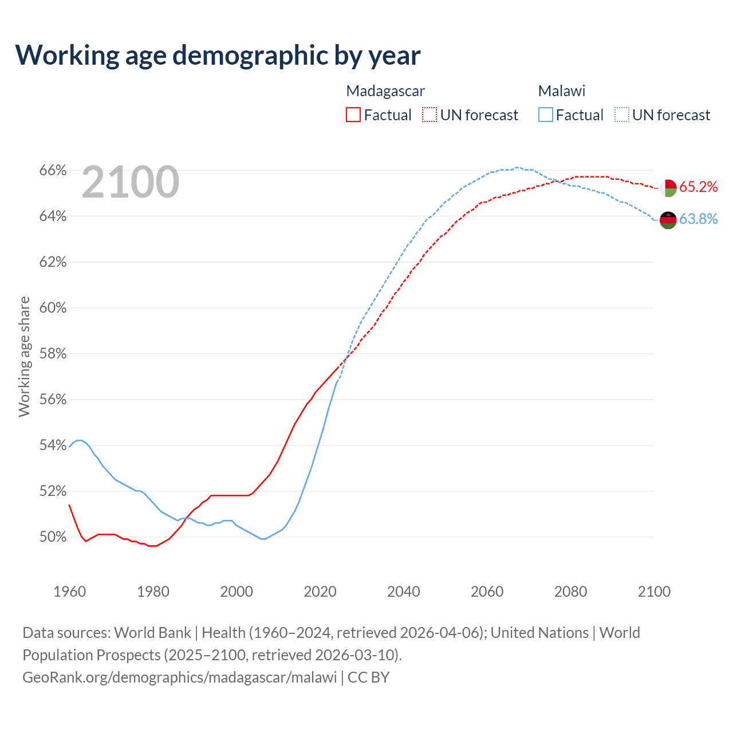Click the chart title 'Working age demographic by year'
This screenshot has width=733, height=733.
point(218,55)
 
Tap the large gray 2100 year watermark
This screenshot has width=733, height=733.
point(131,182)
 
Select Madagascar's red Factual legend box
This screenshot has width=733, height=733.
point(353,115)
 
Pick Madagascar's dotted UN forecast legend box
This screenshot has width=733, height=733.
point(429,115)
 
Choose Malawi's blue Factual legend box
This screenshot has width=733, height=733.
point(546,115)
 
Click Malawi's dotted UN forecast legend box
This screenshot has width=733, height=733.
point(622,115)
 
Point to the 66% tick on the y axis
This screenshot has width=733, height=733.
point(53,171)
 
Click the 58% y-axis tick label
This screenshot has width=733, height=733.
point(53,354)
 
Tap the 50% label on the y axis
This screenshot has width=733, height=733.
point(53,537)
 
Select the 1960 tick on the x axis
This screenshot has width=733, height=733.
point(70,592)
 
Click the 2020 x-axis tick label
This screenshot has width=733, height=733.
point(320,592)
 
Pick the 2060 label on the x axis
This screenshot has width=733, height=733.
point(487,592)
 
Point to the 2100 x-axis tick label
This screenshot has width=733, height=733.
point(654,592)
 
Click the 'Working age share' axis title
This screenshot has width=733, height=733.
point(24,356)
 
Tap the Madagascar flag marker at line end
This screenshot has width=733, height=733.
point(668,188)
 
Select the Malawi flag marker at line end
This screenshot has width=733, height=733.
point(668,220)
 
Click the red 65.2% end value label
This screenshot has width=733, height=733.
point(699,187)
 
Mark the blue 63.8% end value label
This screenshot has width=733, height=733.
point(699,219)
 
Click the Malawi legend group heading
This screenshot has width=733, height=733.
point(562,91)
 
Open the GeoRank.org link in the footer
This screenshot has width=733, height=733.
point(180,677)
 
